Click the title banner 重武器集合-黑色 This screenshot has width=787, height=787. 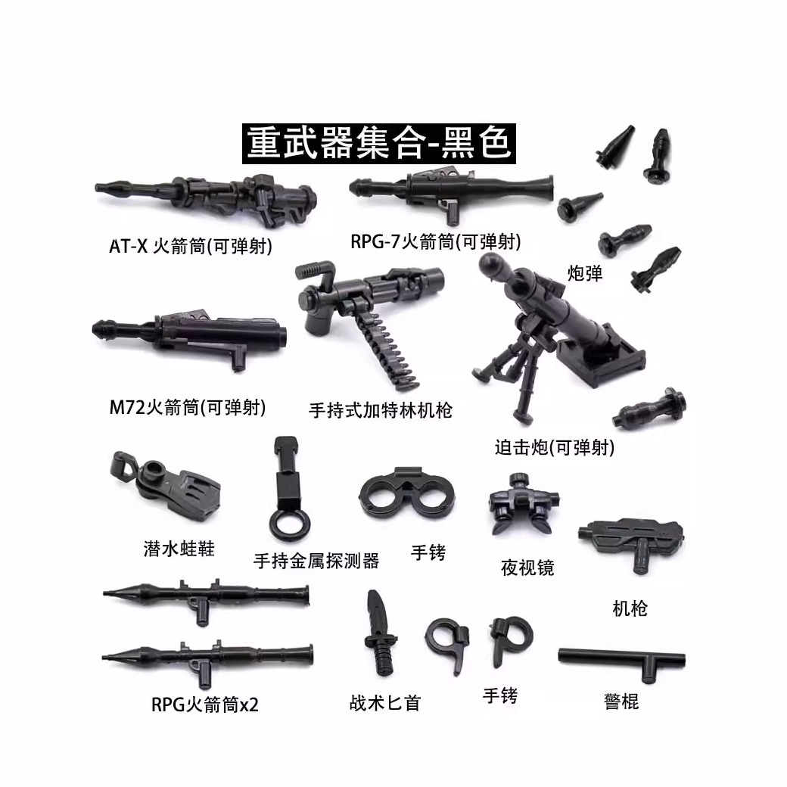(379, 142)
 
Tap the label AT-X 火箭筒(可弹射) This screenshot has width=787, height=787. (190, 247)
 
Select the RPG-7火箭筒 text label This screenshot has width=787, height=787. (435, 242)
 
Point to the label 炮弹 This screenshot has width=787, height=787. (585, 273)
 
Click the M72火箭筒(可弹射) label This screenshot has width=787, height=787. (187, 409)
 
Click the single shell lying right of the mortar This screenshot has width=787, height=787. (652, 409)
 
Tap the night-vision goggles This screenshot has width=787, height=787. (521, 506)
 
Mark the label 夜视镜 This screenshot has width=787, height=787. (527, 568)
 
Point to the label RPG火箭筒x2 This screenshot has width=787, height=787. (204, 705)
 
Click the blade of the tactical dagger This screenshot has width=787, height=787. (376, 614)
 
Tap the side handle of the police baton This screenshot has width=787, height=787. (649, 669)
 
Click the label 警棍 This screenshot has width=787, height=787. (621, 701)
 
